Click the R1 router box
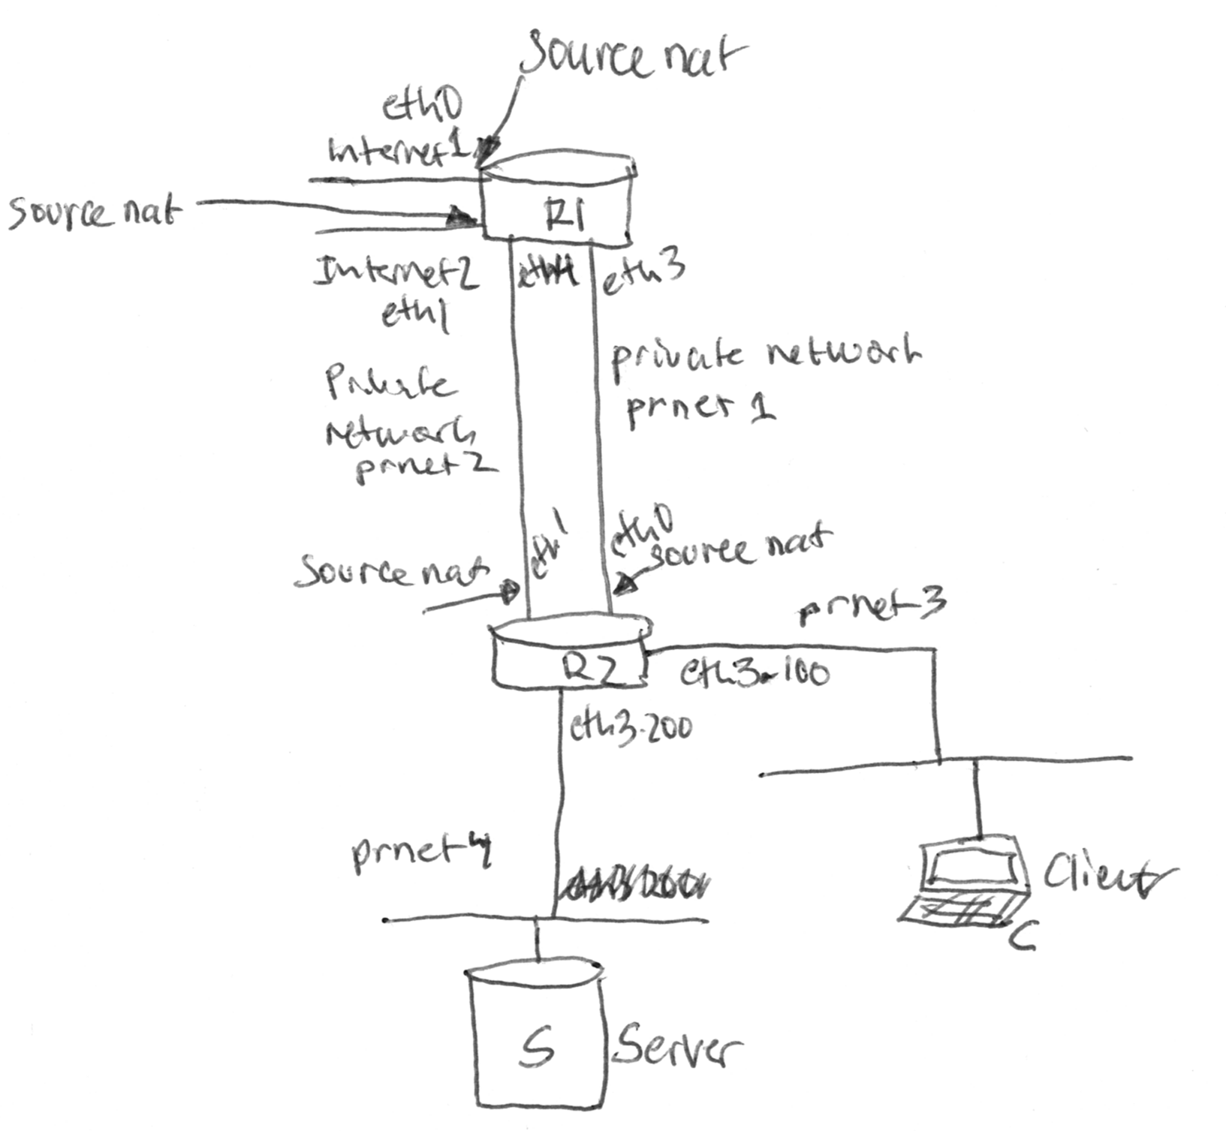(557, 201)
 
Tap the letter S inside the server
(538, 1046)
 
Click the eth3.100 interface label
(754, 673)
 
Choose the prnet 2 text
(425, 466)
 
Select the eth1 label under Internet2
(415, 314)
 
